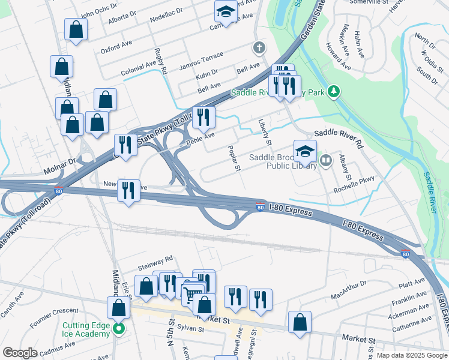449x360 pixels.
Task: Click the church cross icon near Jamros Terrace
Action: tap(259, 47)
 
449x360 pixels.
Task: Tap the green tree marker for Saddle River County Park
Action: tap(334, 92)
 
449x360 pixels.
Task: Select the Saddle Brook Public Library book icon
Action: tap(326, 160)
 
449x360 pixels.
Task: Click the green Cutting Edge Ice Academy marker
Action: tap(119, 328)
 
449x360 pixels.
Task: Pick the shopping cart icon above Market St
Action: tap(192, 293)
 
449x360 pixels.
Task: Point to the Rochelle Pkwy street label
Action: tap(354, 178)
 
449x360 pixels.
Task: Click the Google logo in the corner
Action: tap(20, 353)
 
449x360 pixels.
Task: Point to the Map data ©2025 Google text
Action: tap(411, 355)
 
